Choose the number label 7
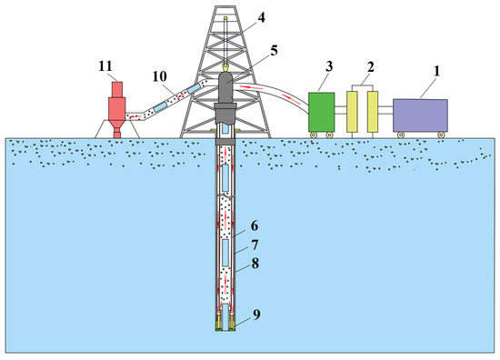[255, 246]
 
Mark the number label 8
[255, 268]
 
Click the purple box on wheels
[419, 115]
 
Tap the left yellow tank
[352, 114]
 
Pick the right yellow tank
[371, 114]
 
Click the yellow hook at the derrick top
[224, 66]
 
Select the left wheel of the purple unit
[399, 135]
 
